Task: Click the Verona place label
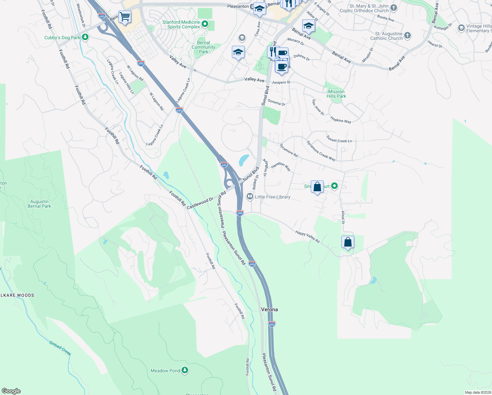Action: click(269, 309)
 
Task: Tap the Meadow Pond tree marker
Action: click(185, 371)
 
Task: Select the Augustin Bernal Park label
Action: click(39, 204)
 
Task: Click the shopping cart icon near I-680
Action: click(125, 16)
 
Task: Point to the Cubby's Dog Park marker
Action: click(85, 37)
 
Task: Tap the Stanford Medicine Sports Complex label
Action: click(181, 25)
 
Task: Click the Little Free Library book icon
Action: click(250, 197)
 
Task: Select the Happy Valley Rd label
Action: click(307, 237)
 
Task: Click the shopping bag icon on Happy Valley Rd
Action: click(348, 242)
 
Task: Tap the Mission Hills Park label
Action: click(336, 94)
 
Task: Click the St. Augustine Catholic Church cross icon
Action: click(407, 36)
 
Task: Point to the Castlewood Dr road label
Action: click(200, 203)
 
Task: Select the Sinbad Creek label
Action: click(60, 348)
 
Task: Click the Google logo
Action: click(11, 391)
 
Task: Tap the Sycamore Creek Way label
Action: click(321, 151)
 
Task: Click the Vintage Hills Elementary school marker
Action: click(461, 28)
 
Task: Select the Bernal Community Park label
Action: click(204, 47)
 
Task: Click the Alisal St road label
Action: click(343, 217)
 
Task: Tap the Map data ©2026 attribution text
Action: click(478, 392)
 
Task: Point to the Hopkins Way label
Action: click(341, 120)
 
